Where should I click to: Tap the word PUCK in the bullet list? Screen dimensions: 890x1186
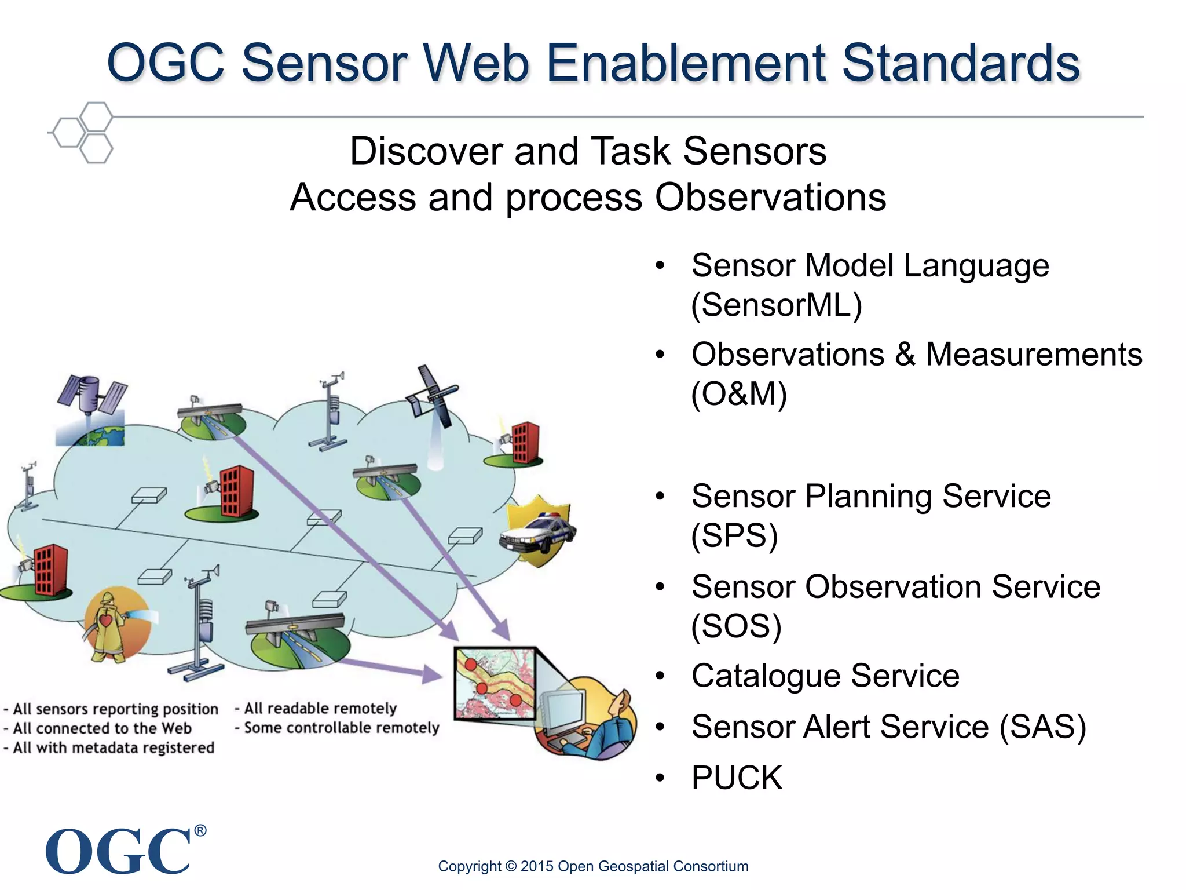pos(737,778)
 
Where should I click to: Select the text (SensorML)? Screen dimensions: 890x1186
pos(777,305)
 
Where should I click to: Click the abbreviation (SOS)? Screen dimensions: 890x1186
pos(736,626)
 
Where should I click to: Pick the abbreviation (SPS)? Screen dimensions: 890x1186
pos(734,535)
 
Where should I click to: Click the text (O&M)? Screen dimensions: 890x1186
pos(739,394)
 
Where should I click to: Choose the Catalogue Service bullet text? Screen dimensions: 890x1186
pos(825,676)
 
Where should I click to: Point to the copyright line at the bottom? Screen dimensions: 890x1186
pos(593,866)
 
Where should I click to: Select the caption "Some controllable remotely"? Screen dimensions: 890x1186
pos(341,728)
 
